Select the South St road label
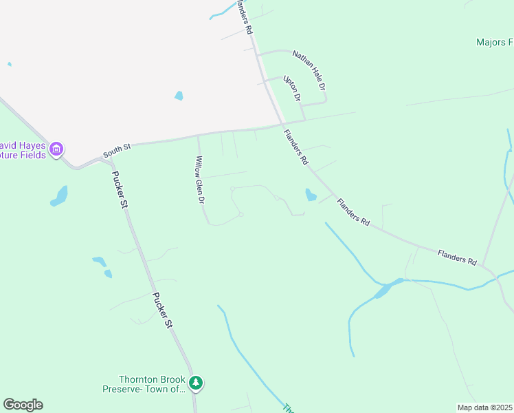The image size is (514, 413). (117, 148)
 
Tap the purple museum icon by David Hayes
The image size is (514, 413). (56, 148)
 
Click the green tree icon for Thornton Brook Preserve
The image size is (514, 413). (196, 383)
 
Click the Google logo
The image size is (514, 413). (23, 405)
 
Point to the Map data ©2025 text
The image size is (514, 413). (484, 407)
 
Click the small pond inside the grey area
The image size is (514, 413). (179, 96)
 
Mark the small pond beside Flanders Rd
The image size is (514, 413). (311, 195)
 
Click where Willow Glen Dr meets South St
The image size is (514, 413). (198, 136)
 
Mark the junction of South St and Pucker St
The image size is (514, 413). (105, 160)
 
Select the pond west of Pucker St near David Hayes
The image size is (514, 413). (60, 196)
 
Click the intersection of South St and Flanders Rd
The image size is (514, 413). (282, 125)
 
